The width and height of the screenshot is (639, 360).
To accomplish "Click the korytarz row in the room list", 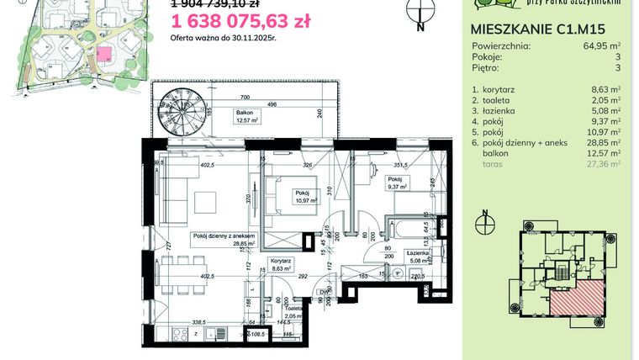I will click(504, 87).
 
